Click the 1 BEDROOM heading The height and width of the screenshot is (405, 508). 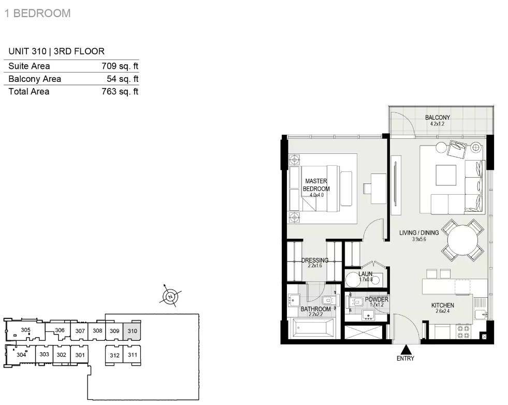coord(37,13)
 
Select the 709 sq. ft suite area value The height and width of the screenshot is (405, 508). coord(120,66)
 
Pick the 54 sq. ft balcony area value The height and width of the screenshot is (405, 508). coord(122,79)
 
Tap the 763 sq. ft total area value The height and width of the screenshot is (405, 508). coord(120,91)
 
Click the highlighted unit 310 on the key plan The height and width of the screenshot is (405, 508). coord(132,331)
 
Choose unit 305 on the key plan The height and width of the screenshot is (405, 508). coord(25,330)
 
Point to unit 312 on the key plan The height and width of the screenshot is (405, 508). coord(114,355)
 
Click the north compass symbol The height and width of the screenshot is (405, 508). coord(170,296)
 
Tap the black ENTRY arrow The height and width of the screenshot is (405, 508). coord(405,350)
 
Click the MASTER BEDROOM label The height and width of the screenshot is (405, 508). coord(316,185)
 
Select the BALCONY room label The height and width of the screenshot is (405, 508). coord(438,117)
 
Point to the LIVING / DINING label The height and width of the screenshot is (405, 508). coord(419,233)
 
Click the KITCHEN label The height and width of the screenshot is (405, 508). coord(443,305)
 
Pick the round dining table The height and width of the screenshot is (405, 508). coord(462,240)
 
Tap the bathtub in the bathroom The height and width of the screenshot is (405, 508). coord(313,327)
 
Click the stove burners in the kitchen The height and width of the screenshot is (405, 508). coord(462,332)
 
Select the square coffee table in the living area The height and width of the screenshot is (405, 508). coord(446,175)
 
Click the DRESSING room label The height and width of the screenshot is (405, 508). coord(315,260)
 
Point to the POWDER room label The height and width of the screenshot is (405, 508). coord(376,299)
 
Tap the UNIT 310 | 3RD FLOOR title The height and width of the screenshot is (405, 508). coord(56,51)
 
